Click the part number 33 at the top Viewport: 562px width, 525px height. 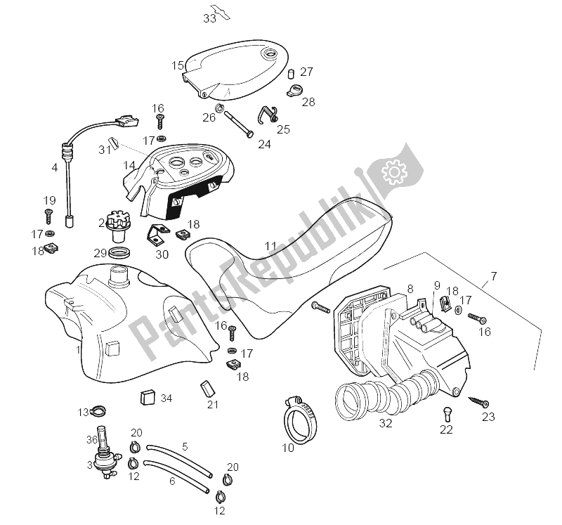pos(209,19)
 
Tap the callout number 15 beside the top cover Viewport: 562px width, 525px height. pos(178,65)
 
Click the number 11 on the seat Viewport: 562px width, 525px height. pos(270,247)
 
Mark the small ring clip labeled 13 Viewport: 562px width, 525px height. pos(102,412)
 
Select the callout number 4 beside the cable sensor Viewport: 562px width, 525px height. pos(55,168)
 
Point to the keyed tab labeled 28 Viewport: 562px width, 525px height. pos(296,89)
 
